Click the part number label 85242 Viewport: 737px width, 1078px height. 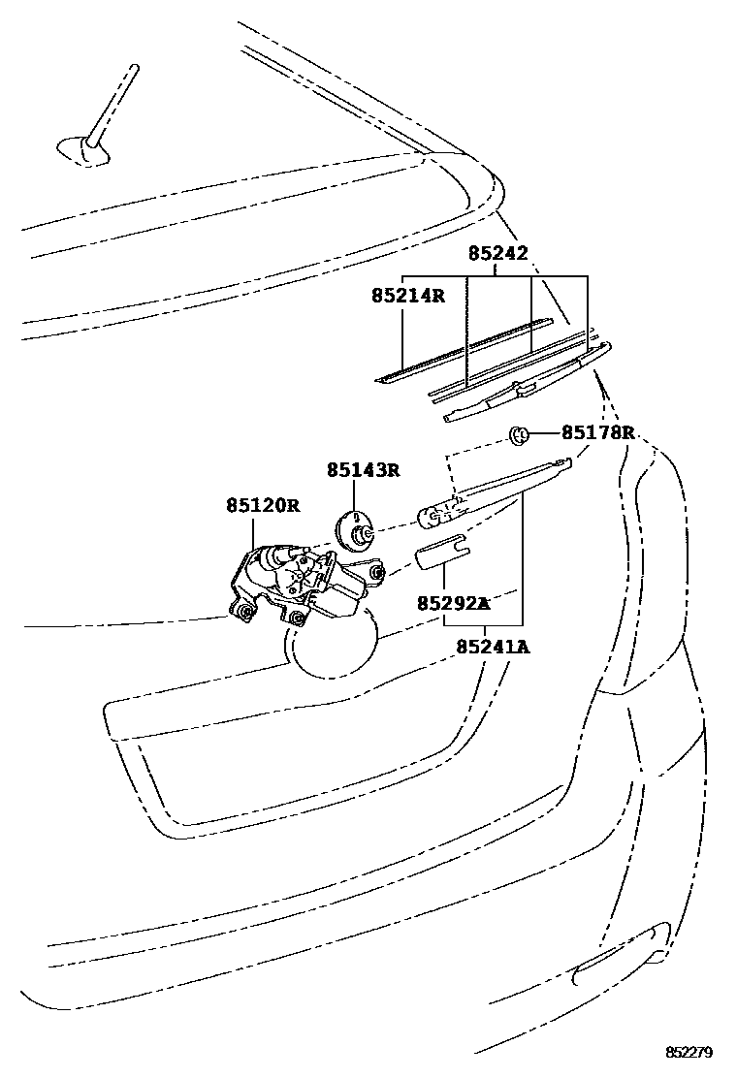[498, 254]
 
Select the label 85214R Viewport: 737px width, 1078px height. [407, 295]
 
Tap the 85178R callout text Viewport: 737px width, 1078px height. [597, 432]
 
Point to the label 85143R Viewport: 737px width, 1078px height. [363, 471]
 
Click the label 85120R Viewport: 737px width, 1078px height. [263, 506]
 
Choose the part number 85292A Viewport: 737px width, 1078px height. [453, 603]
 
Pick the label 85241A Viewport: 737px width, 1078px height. [493, 647]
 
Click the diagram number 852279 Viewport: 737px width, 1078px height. [689, 1052]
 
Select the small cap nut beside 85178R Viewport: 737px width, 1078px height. [519, 434]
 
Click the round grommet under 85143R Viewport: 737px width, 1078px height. [356, 531]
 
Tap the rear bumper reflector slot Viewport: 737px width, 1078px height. [617, 962]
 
